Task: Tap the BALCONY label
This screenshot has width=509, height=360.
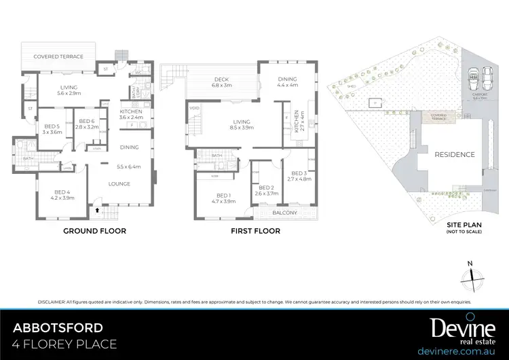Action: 285,213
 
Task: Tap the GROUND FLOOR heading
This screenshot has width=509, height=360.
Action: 94,231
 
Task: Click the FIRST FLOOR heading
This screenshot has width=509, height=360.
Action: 255,231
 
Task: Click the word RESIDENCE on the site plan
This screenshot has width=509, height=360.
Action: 455,154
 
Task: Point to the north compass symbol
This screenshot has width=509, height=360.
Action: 470,274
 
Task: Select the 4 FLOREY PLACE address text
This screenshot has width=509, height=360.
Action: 65,344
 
